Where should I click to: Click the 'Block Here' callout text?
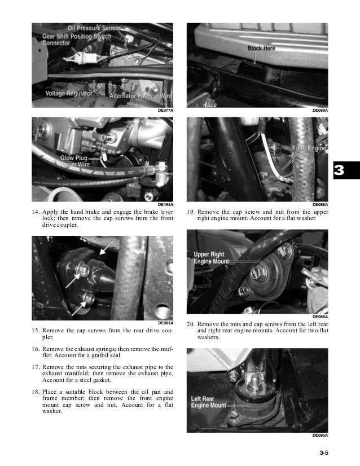261,49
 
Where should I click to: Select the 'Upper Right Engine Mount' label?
212,258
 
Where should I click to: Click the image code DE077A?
165,111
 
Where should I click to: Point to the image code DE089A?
320,111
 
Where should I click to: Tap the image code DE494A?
165,204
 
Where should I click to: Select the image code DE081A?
165,323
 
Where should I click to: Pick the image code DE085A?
320,436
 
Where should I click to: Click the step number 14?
35,213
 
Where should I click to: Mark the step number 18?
35,391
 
